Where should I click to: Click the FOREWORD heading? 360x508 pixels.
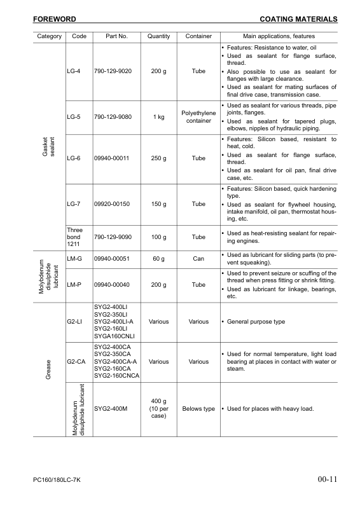click(55, 20)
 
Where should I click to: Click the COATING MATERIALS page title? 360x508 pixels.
click(299, 20)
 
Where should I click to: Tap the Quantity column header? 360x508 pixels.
click(158, 36)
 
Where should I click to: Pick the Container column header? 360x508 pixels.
click(198, 36)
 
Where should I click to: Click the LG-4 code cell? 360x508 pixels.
click(73, 71)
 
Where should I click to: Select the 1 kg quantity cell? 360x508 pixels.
click(158, 117)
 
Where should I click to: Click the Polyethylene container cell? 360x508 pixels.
click(198, 117)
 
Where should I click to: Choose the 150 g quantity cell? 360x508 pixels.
click(158, 204)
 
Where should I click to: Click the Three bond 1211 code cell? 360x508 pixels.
click(75, 237)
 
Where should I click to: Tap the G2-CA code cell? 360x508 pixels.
click(76, 362)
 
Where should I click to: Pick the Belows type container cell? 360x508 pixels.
click(198, 408)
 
